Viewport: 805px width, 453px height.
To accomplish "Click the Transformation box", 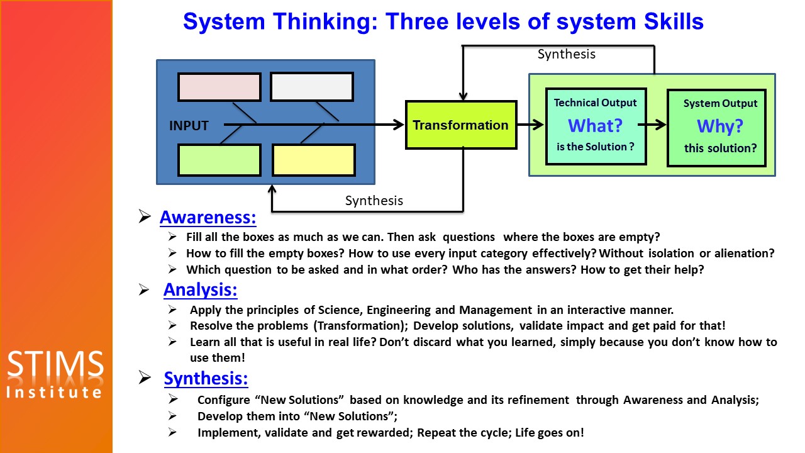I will pyautogui.click(x=461, y=125).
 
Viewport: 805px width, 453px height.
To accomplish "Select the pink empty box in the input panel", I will pyautogui.click(x=219, y=87).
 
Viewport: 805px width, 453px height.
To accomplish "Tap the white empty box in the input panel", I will pyautogui.click(x=311, y=87).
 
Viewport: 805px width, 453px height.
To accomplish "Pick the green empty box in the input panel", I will pyautogui.click(x=219, y=160).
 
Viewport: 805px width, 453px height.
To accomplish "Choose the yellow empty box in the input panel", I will pyautogui.click(x=313, y=160).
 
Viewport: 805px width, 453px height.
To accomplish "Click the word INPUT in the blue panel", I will pyautogui.click(x=189, y=126).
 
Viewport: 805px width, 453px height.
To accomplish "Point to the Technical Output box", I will pyautogui.click(x=595, y=126).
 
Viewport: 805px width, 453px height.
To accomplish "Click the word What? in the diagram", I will pyautogui.click(x=595, y=126).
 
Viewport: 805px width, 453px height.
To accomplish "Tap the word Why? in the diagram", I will pyautogui.click(x=719, y=126).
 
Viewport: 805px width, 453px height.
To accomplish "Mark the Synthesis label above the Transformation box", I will pyautogui.click(x=566, y=54).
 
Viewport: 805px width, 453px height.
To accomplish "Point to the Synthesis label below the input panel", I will pyautogui.click(x=374, y=201).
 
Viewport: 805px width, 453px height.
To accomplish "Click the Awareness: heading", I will pyautogui.click(x=208, y=218).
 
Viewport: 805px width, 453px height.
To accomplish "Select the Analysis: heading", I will pyautogui.click(x=200, y=290).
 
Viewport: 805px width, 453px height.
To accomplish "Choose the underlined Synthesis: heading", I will pyautogui.click(x=206, y=379).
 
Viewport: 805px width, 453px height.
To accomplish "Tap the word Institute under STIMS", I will pyautogui.click(x=55, y=393).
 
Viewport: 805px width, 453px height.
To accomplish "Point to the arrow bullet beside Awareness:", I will pyautogui.click(x=145, y=218).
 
